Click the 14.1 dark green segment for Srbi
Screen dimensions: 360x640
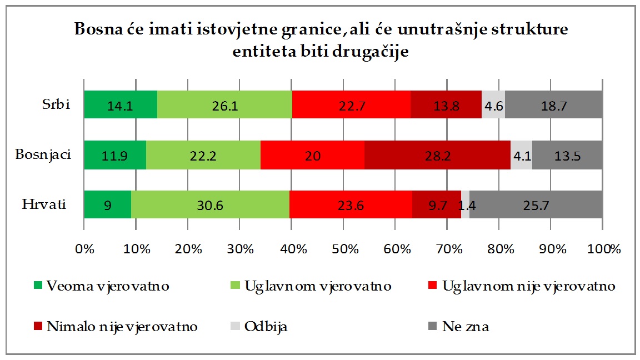click(x=121, y=104)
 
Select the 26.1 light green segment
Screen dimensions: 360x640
click(x=224, y=104)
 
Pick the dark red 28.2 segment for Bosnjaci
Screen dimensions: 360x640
click(x=437, y=154)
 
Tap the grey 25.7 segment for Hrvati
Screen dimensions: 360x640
click(x=536, y=204)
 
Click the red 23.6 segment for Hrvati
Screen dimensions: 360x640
click(x=351, y=204)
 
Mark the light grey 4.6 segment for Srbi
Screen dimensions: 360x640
click(x=493, y=104)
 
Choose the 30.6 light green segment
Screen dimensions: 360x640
click(x=210, y=204)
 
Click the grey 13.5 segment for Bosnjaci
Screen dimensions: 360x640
click(x=567, y=154)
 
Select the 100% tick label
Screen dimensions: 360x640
click(x=603, y=248)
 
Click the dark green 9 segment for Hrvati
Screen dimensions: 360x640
click(x=108, y=204)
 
